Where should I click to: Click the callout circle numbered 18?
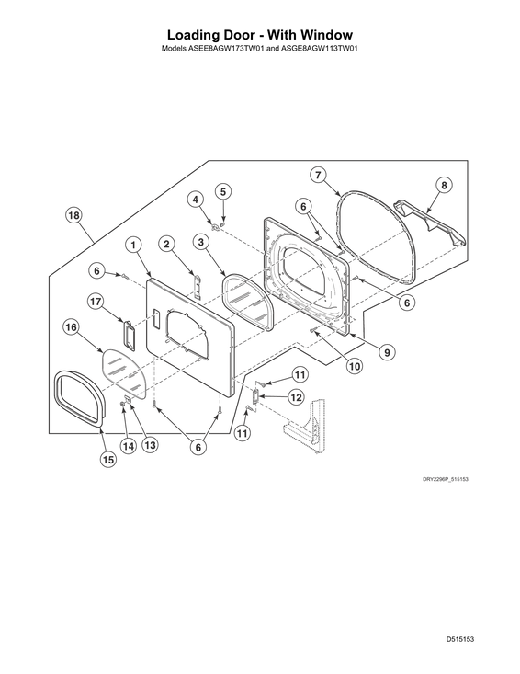point(73,215)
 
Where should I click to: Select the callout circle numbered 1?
point(133,245)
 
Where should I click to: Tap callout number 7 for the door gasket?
point(318,175)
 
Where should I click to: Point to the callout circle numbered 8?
point(444,185)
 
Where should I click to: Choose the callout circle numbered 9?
point(387,352)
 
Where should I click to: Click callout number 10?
point(355,366)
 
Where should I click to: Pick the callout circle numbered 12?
point(296,397)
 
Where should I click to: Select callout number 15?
point(107,460)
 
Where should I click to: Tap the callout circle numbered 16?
point(72,327)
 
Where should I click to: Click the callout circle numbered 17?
point(96,302)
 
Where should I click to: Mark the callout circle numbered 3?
point(201,242)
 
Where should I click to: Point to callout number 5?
point(223,191)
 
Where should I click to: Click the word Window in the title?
point(327,34)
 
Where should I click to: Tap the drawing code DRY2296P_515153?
point(446,479)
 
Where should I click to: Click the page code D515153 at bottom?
point(460,639)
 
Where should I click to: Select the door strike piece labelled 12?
point(255,396)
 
